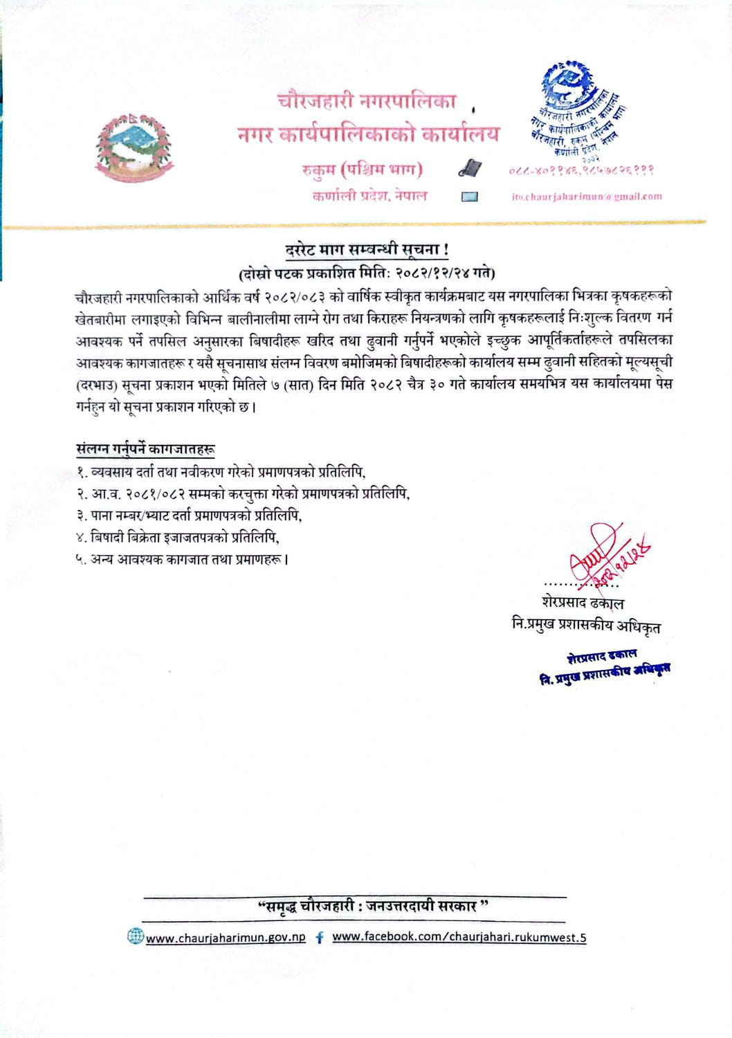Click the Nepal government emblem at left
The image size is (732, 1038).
134,146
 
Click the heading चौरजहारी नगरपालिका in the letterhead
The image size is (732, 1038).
367,102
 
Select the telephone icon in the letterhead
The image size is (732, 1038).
469,168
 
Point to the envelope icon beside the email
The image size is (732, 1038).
469,197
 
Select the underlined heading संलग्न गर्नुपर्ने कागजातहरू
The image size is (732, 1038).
145,449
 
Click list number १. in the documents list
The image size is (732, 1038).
81,473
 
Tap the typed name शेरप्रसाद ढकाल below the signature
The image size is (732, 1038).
583,602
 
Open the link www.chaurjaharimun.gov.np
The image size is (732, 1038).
226,938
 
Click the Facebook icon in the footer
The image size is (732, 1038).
319,938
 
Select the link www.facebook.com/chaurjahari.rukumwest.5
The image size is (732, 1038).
459,937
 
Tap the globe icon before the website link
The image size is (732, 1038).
135,937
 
